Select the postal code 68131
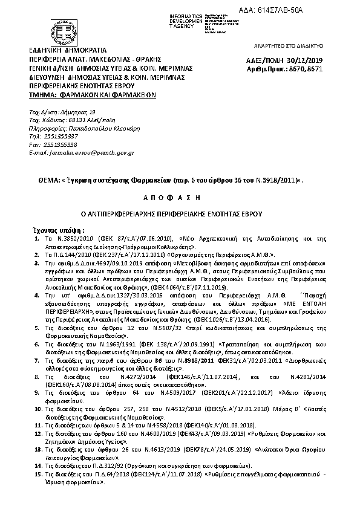(x=71, y=120)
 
